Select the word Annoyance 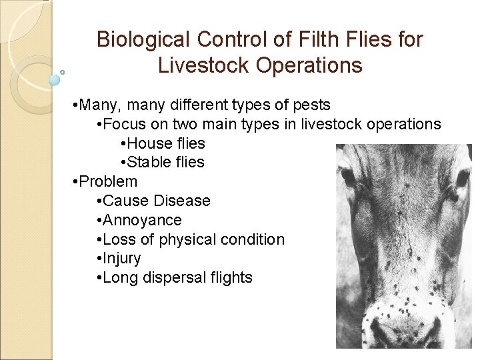[x=142, y=220]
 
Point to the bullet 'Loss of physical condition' [x=193, y=239]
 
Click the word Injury [x=122, y=258]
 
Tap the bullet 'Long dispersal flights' [x=177, y=277]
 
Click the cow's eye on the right [x=462, y=177]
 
